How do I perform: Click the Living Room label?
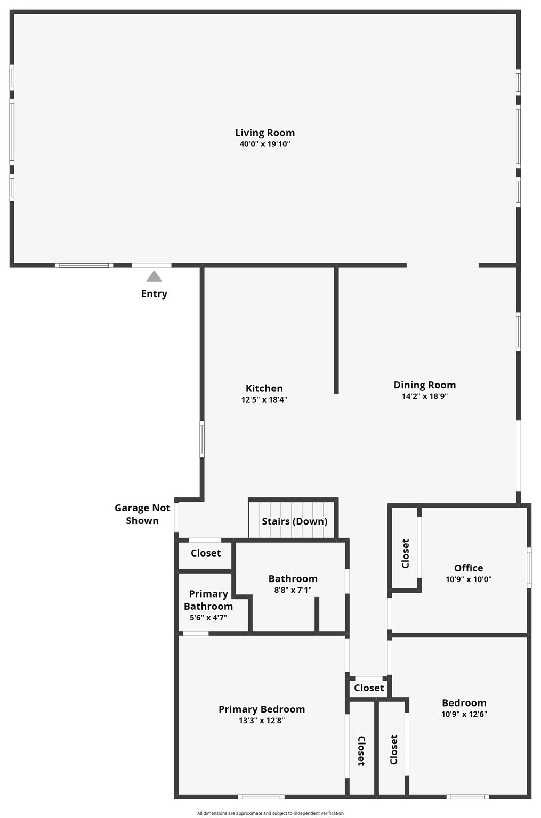click(265, 133)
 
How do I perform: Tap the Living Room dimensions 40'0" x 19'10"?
click(265, 144)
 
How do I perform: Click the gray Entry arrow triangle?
click(154, 276)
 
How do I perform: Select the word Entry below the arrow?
click(154, 294)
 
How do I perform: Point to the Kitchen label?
click(264, 388)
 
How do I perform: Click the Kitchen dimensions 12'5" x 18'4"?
click(264, 399)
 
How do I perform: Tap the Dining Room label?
click(424, 385)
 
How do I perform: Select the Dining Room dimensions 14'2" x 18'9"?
click(424, 396)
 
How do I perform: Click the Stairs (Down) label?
click(294, 521)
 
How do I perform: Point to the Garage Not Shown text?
click(142, 514)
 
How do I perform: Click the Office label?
click(469, 568)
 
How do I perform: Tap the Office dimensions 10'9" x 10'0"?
click(469, 579)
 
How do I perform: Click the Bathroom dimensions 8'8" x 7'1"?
click(293, 590)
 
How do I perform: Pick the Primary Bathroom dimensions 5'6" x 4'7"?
click(208, 618)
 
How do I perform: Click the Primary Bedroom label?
click(262, 709)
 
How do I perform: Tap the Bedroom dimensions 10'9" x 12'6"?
click(464, 714)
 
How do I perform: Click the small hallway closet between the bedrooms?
click(369, 688)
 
